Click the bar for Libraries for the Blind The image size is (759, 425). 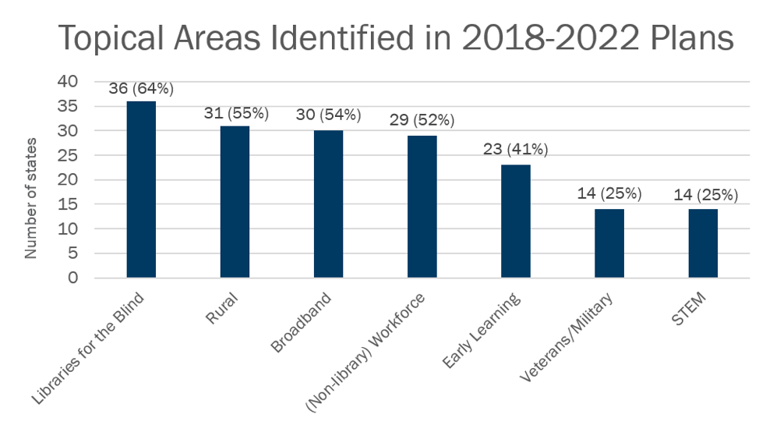pos(141,189)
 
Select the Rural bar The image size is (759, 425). pos(235,201)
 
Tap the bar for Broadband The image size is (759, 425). pos(328,204)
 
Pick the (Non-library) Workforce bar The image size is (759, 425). pos(422,206)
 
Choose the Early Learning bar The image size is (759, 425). pos(515,221)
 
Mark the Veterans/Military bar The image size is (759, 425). pos(609,243)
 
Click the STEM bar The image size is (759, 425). pos(702,243)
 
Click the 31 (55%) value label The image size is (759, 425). pos(235,114)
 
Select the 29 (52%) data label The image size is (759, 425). pos(422,121)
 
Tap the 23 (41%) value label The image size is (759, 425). pos(516,149)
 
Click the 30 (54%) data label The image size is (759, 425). pos(328,115)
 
